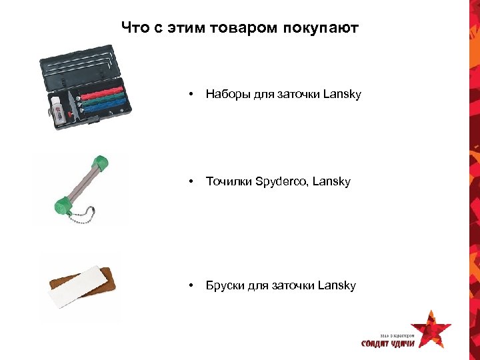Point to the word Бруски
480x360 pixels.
(225, 285)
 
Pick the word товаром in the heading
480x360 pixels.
(252, 29)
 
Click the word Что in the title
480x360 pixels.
(136, 29)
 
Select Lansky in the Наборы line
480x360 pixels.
(342, 94)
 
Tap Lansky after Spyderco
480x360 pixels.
(331, 181)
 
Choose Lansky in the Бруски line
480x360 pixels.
(337, 285)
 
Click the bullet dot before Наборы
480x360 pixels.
(191, 95)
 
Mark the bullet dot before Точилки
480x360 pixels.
(191, 182)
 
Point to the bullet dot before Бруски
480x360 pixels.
(191, 286)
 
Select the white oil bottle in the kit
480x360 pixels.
(57, 108)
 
